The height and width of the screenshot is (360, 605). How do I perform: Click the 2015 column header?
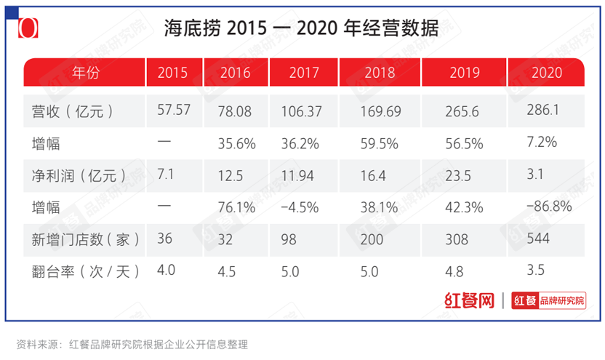[172, 73]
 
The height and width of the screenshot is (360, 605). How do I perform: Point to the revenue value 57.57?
[173, 111]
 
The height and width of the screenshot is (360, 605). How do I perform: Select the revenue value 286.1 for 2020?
[547, 113]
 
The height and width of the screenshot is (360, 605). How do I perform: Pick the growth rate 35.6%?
[236, 144]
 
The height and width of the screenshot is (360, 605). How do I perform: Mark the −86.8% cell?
[550, 207]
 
